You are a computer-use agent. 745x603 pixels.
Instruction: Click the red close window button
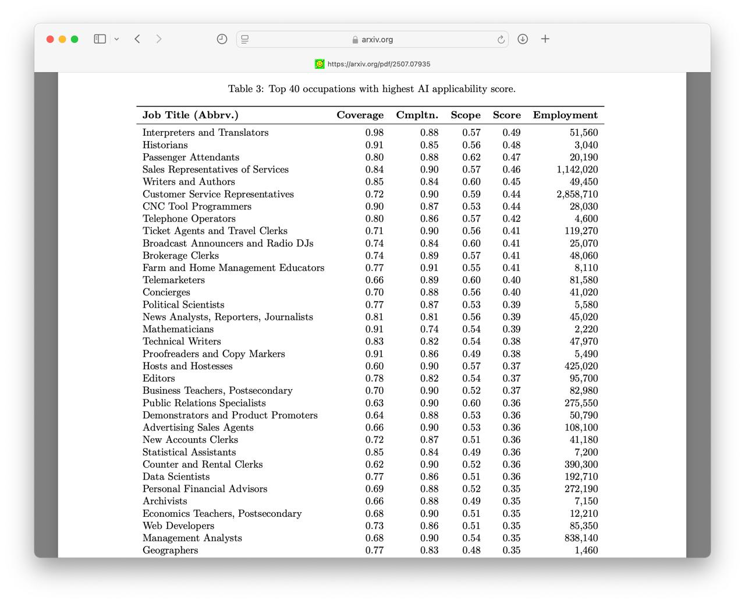(x=50, y=39)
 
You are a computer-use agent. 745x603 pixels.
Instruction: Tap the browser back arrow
(x=137, y=39)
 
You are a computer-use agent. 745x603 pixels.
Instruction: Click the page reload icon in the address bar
(x=501, y=40)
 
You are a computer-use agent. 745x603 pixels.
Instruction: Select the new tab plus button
(x=545, y=39)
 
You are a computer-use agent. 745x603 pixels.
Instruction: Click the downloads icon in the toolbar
(x=523, y=39)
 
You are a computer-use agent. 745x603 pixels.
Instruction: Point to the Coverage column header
(x=360, y=115)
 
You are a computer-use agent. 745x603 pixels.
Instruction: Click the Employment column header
(x=565, y=115)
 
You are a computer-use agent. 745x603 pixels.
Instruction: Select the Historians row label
(x=165, y=145)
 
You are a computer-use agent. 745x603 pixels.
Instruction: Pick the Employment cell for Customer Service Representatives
(x=577, y=194)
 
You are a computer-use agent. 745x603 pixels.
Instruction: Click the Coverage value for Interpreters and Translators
(x=374, y=133)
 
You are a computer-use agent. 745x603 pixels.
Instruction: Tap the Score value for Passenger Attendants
(x=512, y=157)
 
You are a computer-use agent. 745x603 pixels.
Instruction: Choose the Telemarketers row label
(x=173, y=280)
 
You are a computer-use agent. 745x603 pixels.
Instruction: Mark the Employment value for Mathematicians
(x=586, y=329)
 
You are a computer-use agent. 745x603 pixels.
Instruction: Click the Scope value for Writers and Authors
(x=471, y=182)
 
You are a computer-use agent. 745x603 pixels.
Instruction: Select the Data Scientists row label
(x=176, y=477)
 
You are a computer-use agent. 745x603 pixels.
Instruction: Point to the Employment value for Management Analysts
(x=581, y=538)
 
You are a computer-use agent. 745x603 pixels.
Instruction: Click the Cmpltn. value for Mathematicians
(x=429, y=329)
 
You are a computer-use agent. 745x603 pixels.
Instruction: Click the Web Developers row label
(x=178, y=526)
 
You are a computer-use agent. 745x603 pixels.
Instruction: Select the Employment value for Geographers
(x=586, y=551)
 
